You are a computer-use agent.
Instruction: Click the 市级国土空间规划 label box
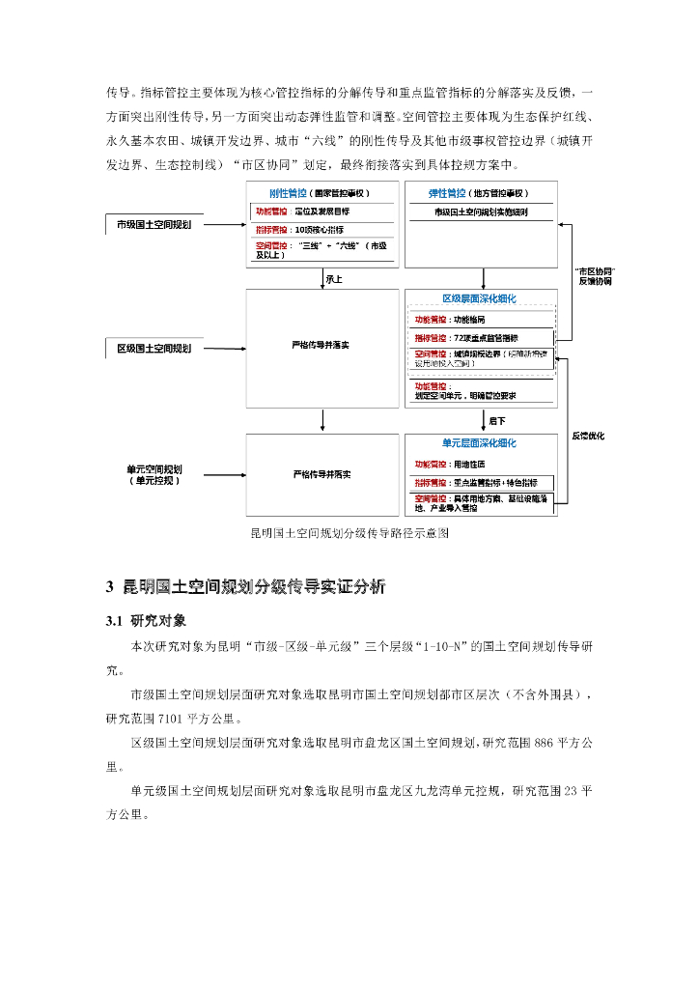(x=154, y=225)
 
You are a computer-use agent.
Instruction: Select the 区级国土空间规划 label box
(x=154, y=348)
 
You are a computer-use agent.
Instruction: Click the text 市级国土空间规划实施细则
(x=480, y=211)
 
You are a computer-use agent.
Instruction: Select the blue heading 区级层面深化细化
(x=479, y=298)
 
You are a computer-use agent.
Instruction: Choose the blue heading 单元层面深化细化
(x=479, y=443)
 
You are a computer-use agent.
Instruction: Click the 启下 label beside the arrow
(x=497, y=421)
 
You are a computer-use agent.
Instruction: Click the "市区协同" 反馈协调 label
(x=595, y=276)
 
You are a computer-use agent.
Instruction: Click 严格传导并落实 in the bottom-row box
(x=322, y=474)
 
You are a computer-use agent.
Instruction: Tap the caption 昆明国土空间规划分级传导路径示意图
(x=349, y=532)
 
